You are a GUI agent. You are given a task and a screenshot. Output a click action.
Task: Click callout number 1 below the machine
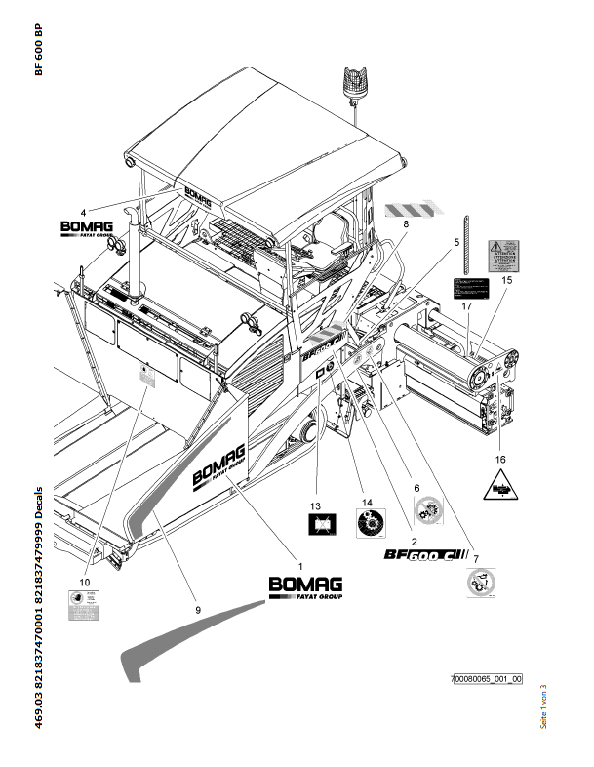click(x=300, y=566)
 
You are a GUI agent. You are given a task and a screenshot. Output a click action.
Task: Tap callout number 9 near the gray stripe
click(x=197, y=609)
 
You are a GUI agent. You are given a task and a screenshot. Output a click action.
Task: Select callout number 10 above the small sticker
click(x=85, y=582)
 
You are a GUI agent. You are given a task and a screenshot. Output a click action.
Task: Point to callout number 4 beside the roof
click(x=84, y=212)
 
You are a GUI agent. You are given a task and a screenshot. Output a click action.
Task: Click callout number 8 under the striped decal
click(x=406, y=224)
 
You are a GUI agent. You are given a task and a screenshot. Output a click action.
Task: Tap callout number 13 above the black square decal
click(x=315, y=506)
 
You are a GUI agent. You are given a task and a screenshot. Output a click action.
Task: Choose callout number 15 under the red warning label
click(x=506, y=280)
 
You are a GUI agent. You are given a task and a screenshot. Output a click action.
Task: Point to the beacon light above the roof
click(x=351, y=80)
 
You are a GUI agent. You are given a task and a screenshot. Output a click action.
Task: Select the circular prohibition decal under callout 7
click(x=481, y=585)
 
